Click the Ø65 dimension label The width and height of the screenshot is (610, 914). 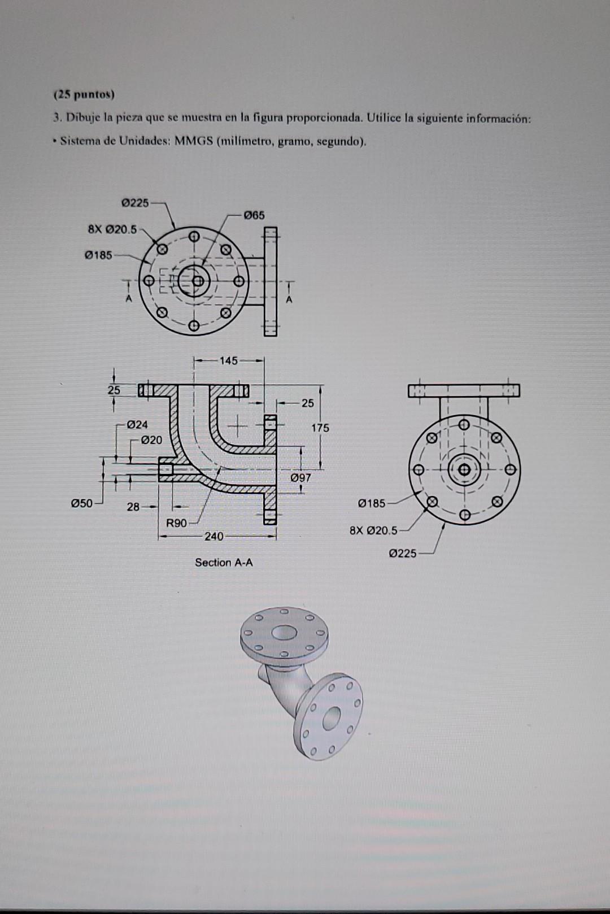click(254, 215)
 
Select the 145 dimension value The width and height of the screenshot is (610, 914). click(229, 360)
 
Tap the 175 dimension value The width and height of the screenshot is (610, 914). click(320, 428)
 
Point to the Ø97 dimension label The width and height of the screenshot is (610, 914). click(300, 478)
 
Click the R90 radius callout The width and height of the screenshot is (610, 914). click(176, 523)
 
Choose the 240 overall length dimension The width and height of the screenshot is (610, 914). click(213, 536)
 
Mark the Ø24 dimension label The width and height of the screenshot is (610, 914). click(137, 424)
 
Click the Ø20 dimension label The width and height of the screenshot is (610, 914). click(151, 439)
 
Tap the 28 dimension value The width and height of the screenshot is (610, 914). click(133, 507)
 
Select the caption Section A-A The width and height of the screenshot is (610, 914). click(224, 562)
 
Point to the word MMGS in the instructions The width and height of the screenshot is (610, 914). click(193, 141)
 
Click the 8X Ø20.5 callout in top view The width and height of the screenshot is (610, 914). click(112, 229)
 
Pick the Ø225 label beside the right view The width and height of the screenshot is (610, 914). click(403, 553)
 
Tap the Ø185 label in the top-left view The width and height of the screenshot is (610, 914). click(98, 255)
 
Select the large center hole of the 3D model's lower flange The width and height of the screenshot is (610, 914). click(332, 718)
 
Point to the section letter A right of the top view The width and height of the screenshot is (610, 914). click(289, 300)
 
